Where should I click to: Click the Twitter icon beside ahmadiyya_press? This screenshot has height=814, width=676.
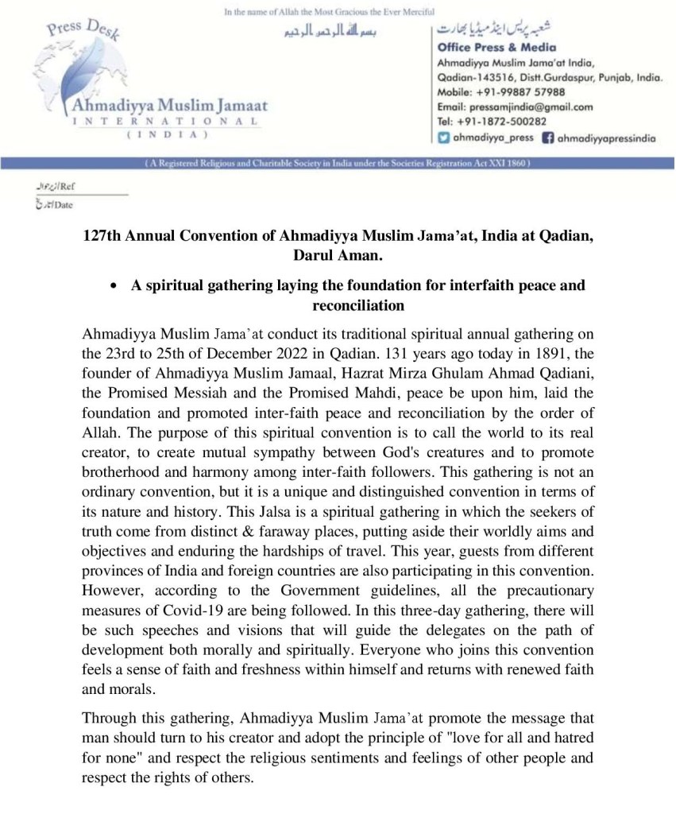coord(444,138)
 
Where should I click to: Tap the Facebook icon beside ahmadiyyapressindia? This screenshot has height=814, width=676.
coord(547,138)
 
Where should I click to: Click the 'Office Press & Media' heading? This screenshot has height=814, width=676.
coord(496,48)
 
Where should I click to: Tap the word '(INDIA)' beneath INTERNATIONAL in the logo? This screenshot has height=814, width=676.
coord(168,136)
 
